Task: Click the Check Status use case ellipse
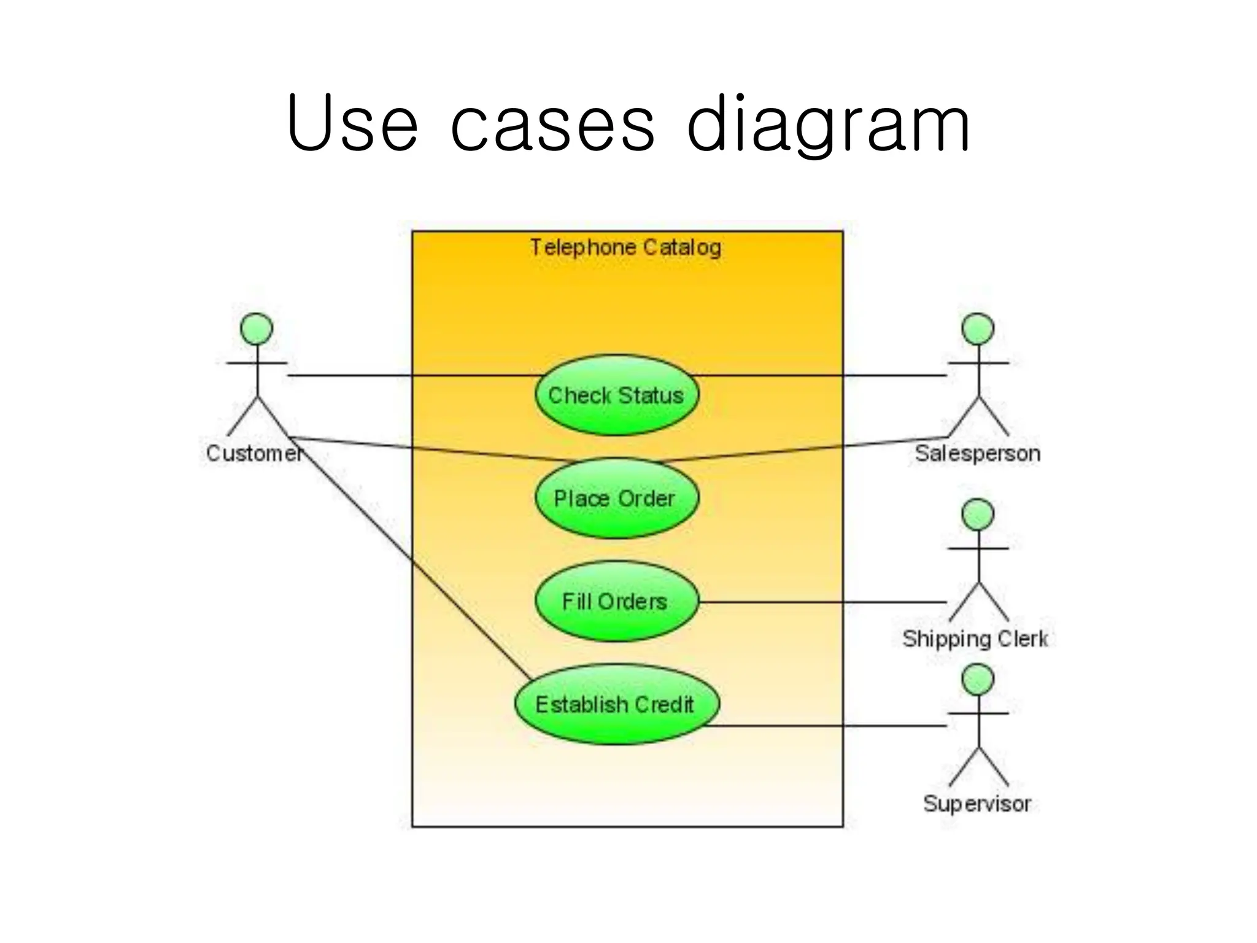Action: [x=616, y=395]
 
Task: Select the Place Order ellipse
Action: [x=616, y=499]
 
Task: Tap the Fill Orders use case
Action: [x=616, y=602]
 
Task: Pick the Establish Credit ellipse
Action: [x=616, y=704]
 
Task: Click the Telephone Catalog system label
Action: [x=625, y=247]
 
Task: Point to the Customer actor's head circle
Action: [x=257, y=329]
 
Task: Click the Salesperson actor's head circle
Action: [x=978, y=329]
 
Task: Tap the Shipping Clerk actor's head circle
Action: [x=978, y=514]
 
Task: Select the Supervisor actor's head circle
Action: [x=978, y=680]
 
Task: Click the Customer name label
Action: [x=254, y=454]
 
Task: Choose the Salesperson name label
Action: [x=977, y=454]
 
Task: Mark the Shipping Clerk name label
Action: [x=975, y=639]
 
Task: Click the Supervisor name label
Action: [x=977, y=804]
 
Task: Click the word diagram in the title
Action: [x=829, y=126]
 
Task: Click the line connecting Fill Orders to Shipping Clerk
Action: [x=822, y=602]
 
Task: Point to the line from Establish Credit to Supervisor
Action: [x=829, y=726]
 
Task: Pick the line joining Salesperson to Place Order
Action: [x=798, y=449]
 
